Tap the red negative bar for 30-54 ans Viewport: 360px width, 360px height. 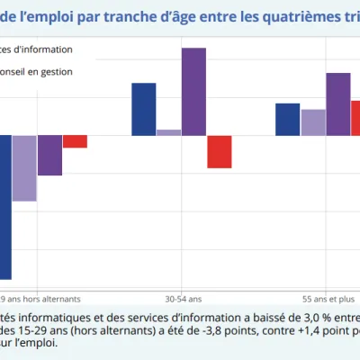[219, 151]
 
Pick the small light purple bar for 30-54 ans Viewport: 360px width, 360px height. [168, 132]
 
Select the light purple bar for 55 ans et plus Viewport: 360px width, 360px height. [313, 122]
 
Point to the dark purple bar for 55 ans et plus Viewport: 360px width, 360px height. [337, 104]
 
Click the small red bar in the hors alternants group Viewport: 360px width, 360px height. [75, 141]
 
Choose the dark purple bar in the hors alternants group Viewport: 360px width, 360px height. [49, 155]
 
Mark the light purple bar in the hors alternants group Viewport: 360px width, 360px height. [24, 168]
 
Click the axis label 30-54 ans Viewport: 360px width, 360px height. [184, 299]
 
